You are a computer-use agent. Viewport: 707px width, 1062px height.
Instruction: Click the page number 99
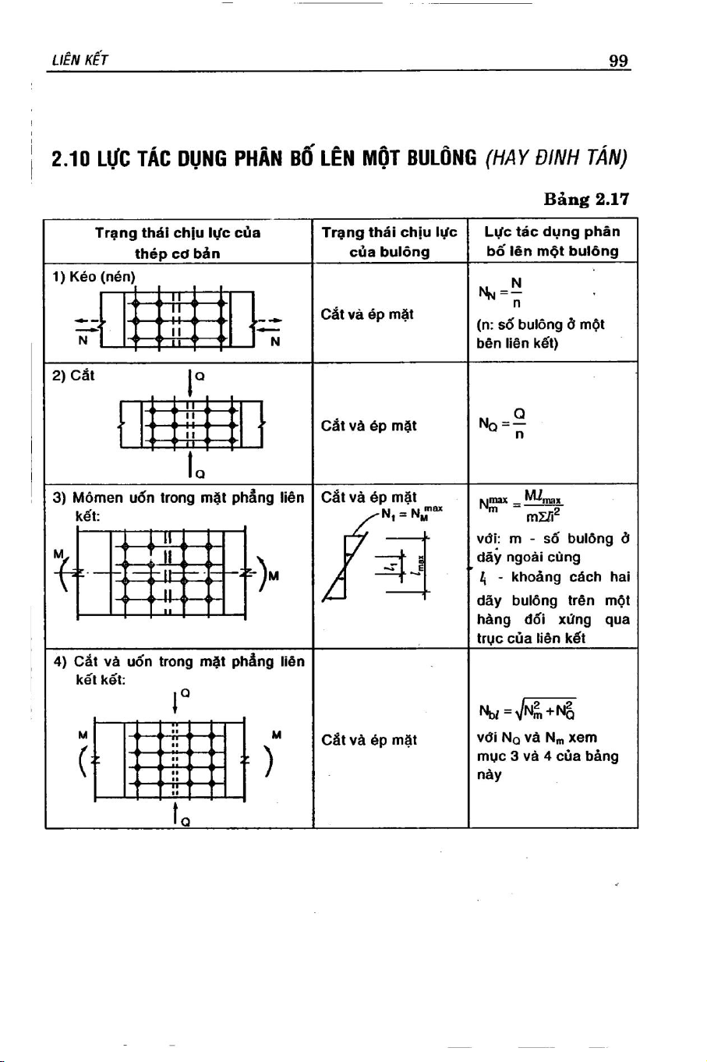pos(619,60)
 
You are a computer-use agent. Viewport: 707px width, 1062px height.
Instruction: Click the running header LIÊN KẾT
pos(80,60)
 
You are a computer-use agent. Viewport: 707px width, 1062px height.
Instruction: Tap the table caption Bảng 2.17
pos(587,199)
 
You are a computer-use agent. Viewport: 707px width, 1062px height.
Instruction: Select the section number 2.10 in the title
pos(71,158)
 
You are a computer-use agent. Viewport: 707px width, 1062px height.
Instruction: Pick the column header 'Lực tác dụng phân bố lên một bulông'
pos(553,241)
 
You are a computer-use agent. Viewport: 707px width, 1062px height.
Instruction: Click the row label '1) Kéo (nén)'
pos(94,277)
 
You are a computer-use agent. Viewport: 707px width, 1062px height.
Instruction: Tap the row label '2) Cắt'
pos(73,376)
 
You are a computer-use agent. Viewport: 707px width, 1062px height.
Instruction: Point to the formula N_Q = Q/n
pos(502,423)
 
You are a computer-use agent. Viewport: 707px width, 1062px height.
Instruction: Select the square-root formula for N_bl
pos(528,710)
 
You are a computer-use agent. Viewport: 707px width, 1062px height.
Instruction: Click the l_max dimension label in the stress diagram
pos(420,565)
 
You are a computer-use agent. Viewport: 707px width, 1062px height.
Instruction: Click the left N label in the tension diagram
pos(83,341)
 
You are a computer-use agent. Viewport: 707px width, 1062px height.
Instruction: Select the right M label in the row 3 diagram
pos(274,576)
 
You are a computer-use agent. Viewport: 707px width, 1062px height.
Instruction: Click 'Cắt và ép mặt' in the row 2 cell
pos(369,426)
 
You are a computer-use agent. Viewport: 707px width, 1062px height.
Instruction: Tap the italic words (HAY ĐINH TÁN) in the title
pos(557,158)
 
